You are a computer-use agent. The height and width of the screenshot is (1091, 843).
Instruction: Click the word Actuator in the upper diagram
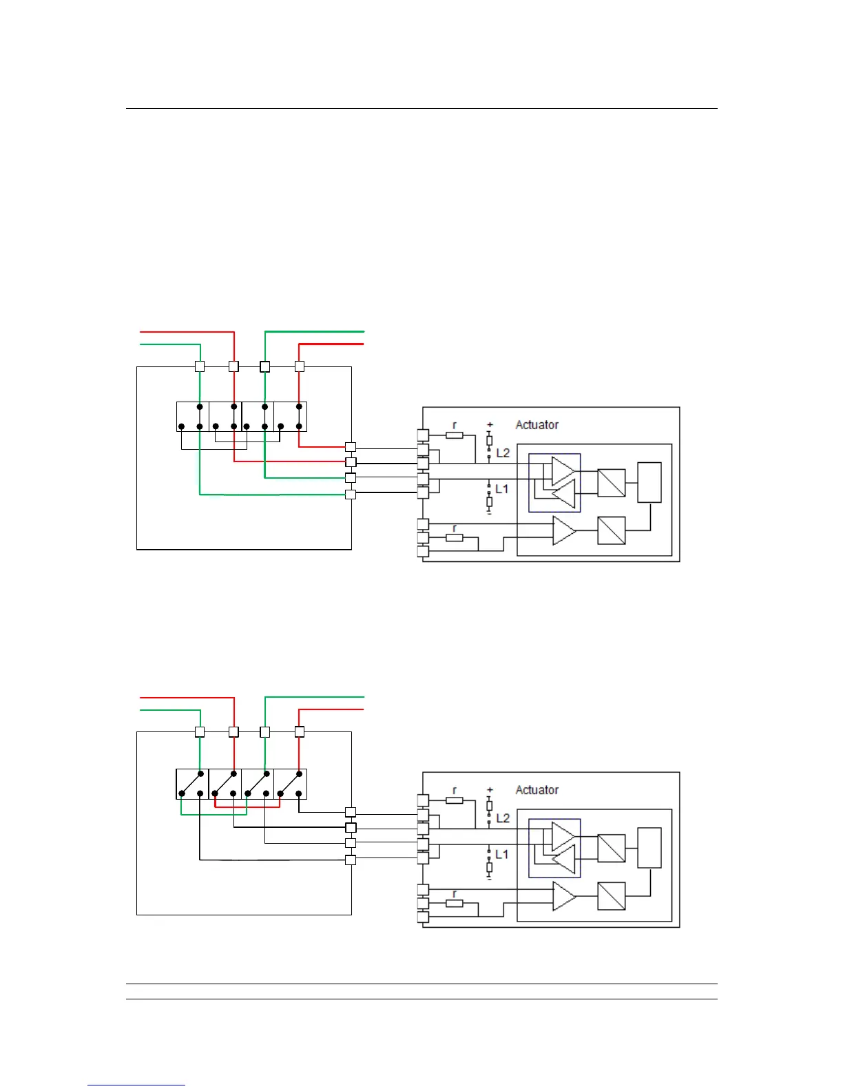(537, 425)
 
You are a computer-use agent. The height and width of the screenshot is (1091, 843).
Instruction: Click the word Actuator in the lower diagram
(537, 790)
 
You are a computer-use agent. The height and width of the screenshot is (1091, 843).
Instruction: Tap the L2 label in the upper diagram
(503, 453)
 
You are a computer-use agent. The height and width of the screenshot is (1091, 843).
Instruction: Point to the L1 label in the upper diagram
(501, 489)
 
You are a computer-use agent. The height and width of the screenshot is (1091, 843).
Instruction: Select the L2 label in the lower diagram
(503, 818)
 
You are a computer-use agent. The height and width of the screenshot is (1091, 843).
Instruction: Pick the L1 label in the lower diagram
(501, 854)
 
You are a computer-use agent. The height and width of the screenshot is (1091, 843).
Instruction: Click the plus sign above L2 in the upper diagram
(490, 425)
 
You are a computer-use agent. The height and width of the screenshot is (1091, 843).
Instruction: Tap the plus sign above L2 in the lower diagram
(490, 790)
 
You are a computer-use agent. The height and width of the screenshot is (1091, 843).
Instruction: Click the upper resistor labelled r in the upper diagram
(454, 435)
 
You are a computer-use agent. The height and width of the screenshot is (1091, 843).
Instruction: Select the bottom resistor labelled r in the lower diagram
(454, 903)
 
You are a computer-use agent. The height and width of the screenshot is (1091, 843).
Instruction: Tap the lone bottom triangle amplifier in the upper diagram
(563, 531)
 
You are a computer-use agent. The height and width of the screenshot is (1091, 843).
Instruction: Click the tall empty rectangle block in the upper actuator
(649, 482)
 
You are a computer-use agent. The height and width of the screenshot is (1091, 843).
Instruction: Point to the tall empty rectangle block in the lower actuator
(649, 847)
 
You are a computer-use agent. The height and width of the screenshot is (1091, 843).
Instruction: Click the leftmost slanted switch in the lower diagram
(192, 784)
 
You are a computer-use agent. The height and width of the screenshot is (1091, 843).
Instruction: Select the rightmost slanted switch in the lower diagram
(291, 784)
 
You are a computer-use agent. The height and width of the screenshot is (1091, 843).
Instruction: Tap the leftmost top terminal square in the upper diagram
(200, 366)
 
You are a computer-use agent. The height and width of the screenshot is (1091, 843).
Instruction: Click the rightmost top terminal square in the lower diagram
(299, 731)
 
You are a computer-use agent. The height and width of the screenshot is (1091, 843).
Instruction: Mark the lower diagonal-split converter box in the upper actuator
(611, 531)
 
